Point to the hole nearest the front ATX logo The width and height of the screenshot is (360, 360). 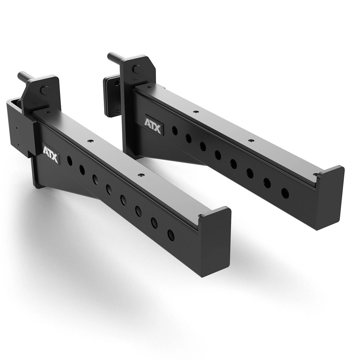point(70,160)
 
